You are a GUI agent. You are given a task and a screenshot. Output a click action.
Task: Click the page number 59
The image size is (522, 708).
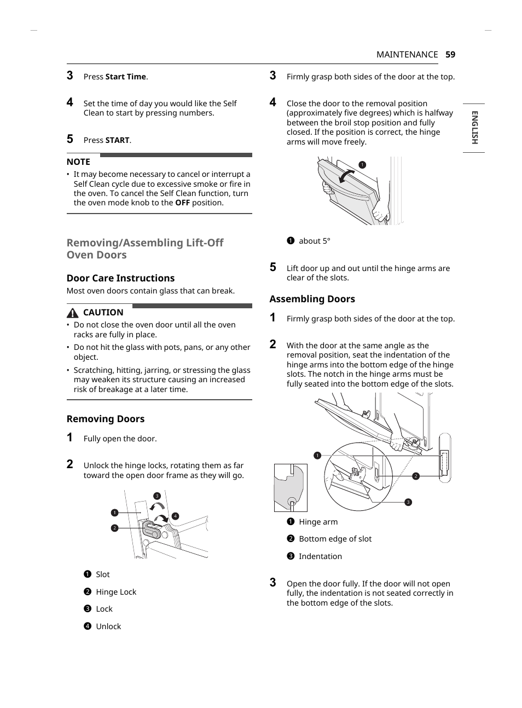pyautogui.click(x=450, y=54)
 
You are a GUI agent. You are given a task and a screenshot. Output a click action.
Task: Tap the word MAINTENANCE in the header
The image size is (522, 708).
pyautogui.click(x=407, y=54)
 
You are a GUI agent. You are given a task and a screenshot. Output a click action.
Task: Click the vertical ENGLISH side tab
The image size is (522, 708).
pyautogui.click(x=474, y=128)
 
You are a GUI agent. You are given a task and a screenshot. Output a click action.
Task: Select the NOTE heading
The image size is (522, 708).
pyautogui.click(x=78, y=162)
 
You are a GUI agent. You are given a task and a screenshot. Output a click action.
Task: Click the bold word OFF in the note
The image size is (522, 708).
pyautogui.click(x=182, y=203)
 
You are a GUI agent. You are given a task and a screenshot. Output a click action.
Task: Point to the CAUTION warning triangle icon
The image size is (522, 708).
pyautogui.click(x=73, y=313)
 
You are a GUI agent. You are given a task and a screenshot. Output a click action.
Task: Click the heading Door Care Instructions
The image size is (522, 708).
pyautogui.click(x=120, y=278)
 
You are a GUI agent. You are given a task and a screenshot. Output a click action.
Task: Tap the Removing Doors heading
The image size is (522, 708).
pyautogui.click(x=106, y=419)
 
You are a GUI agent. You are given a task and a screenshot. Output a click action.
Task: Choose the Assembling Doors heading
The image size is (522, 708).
pyautogui.click(x=312, y=299)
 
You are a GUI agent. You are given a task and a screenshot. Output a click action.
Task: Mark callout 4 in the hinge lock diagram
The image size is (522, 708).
pyautogui.click(x=175, y=516)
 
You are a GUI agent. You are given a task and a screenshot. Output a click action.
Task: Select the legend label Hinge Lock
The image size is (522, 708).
pyautogui.click(x=116, y=592)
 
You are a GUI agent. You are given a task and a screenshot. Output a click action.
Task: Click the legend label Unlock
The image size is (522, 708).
pyautogui.click(x=108, y=626)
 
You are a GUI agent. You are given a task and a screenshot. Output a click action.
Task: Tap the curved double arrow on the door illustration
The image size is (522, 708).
pyautogui.click(x=346, y=176)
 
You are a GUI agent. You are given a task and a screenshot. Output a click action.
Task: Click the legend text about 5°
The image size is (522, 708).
pyautogui.click(x=314, y=241)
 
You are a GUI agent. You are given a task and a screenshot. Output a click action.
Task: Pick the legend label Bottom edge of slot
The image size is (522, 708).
pyautogui.click(x=335, y=539)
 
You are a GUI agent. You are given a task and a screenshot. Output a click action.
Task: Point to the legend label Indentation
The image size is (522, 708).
pyautogui.click(x=320, y=556)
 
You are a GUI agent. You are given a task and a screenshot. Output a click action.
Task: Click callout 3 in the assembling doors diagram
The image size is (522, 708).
pyautogui.click(x=408, y=502)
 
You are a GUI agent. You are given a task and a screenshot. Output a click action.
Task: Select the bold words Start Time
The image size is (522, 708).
pyautogui.click(x=126, y=77)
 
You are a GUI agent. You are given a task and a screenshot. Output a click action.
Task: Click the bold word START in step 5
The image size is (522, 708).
pyautogui.click(x=118, y=140)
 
